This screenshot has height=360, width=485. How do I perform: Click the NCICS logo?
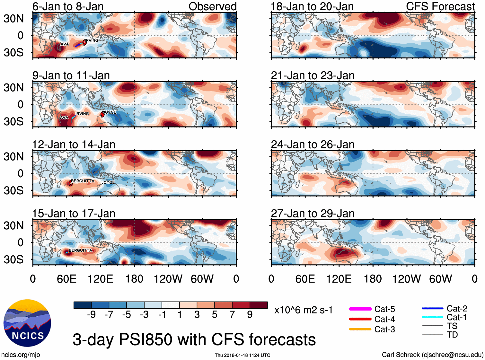(x=27, y=323)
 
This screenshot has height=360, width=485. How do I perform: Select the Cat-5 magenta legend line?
(x=360, y=309)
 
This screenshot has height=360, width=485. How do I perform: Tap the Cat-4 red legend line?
(x=360, y=319)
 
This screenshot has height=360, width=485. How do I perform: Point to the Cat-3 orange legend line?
(x=360, y=329)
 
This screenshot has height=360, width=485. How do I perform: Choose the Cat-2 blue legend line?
(x=432, y=309)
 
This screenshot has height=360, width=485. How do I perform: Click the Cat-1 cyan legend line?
(x=432, y=317)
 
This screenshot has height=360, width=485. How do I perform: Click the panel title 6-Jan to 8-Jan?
(x=68, y=6)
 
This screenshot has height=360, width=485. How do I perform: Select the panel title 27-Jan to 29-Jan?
(x=313, y=214)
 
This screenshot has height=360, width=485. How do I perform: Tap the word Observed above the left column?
(x=212, y=6)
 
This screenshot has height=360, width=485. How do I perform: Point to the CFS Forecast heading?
(x=440, y=6)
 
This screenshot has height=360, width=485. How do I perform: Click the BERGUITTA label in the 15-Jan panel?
(x=80, y=250)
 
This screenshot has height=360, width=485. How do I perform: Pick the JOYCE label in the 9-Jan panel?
(x=110, y=112)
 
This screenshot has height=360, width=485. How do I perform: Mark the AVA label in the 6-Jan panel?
(x=65, y=44)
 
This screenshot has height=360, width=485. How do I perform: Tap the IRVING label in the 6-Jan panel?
(x=92, y=40)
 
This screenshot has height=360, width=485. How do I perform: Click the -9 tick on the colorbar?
(x=91, y=315)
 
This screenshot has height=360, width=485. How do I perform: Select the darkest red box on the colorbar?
(x=259, y=305)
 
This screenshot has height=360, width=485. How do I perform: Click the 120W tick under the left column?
(x=168, y=279)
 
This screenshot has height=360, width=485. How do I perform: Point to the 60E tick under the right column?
(x=305, y=279)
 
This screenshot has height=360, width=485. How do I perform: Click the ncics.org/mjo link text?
(x=21, y=355)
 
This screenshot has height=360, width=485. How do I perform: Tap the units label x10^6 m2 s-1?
(x=303, y=310)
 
